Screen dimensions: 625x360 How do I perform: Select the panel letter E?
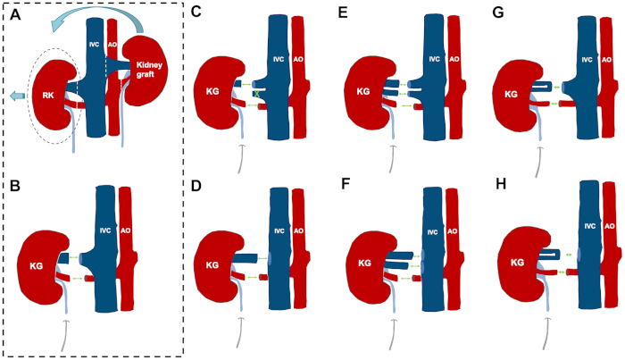click(342, 13)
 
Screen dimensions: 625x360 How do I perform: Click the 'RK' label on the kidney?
click(48, 96)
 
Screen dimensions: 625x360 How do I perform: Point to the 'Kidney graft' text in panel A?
click(145, 70)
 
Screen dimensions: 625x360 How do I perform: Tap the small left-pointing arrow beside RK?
click(17, 96)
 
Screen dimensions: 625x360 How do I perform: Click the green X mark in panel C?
click(257, 95)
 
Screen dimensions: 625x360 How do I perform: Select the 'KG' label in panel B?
click(37, 265)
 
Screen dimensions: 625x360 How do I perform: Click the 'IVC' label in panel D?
click(279, 231)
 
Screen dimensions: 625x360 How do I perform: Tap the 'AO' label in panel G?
click(606, 60)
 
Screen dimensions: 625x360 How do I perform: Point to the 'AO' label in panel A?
click(112, 45)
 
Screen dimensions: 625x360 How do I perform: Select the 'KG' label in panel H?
click(517, 263)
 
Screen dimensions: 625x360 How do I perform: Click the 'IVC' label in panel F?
click(432, 231)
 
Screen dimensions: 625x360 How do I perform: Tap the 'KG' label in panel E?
click(363, 92)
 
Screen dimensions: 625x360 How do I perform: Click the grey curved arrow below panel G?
click(538, 162)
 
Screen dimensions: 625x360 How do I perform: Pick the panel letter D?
click(196, 186)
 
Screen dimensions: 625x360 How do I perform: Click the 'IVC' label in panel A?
click(94, 45)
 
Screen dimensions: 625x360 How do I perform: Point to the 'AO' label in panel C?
click(298, 59)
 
